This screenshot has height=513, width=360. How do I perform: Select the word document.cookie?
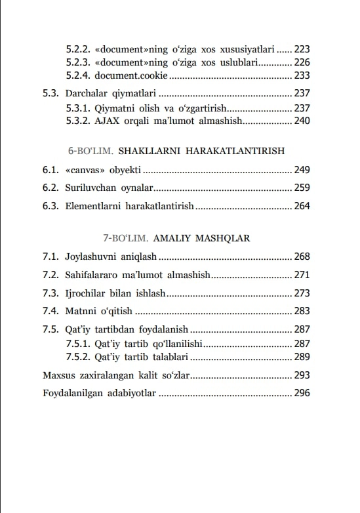(126, 75)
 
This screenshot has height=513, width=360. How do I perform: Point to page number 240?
(302, 121)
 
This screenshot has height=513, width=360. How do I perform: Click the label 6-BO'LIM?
(90, 151)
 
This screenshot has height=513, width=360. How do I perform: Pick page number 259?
(302, 188)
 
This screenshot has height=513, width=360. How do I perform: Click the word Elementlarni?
(96, 206)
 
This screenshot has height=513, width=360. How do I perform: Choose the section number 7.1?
(50, 256)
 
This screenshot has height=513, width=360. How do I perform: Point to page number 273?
(302, 293)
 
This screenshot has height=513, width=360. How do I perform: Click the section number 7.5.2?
(77, 357)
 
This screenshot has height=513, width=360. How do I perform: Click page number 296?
(302, 394)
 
